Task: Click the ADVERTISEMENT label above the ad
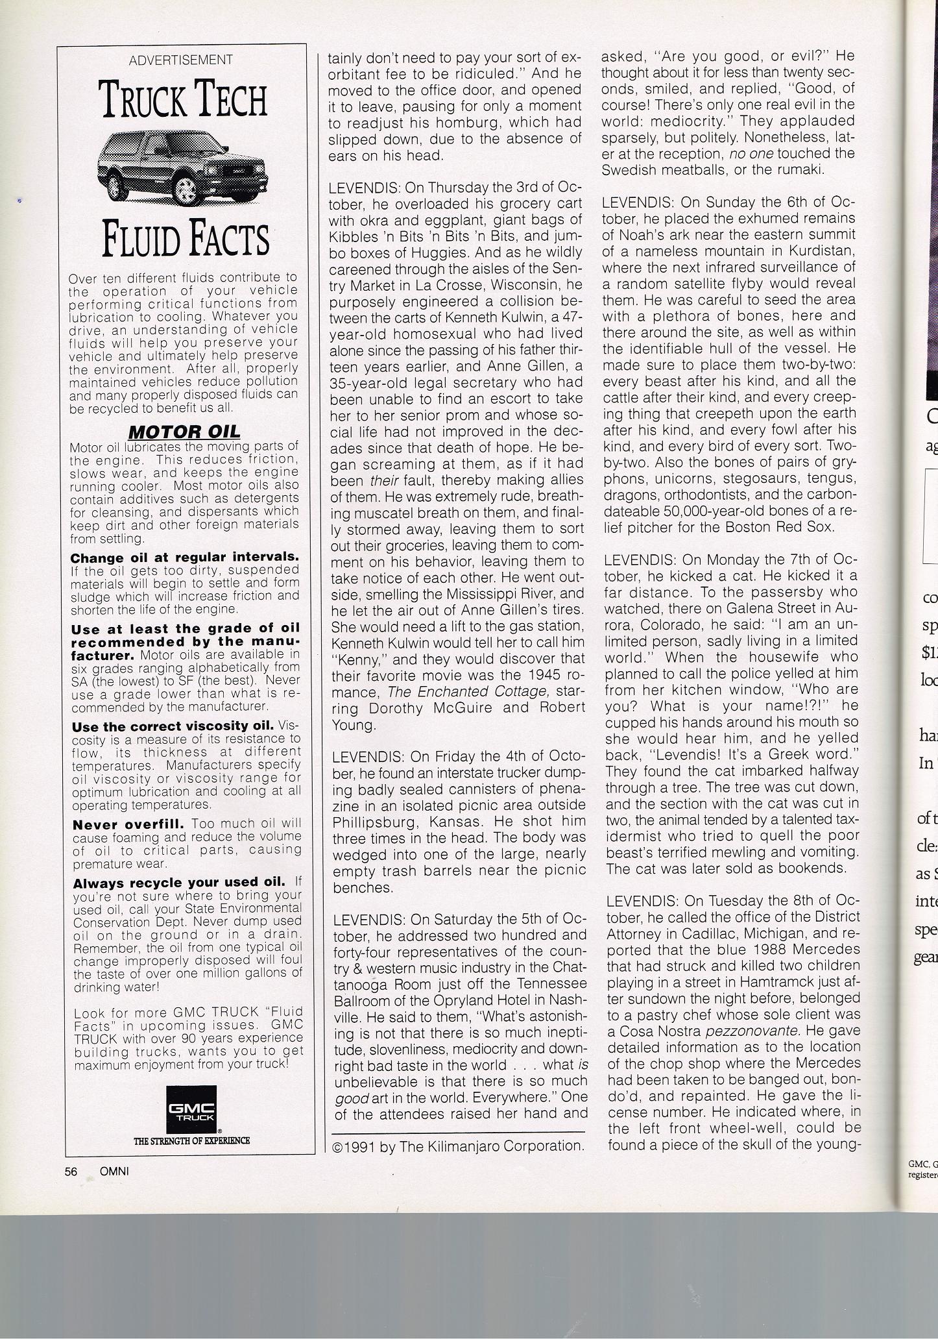pos(181,60)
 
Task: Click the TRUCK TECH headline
pos(183,101)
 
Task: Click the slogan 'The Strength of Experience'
pos(191,1140)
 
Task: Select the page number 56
pos(71,1172)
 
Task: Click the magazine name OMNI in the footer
pos(114,1172)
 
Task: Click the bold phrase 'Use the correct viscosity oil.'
pos(173,726)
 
